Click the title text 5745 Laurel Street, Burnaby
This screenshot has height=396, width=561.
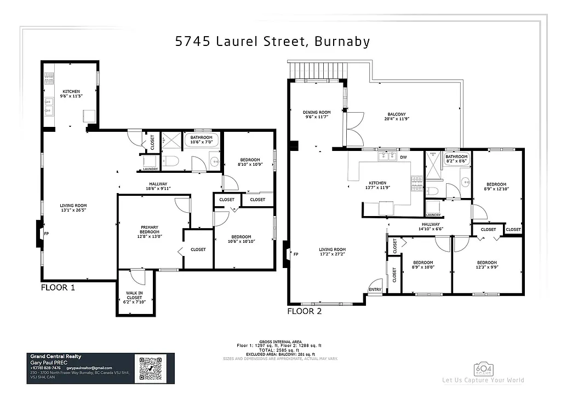pyautogui.click(x=272, y=42)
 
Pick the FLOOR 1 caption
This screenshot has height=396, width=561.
pyautogui.click(x=58, y=287)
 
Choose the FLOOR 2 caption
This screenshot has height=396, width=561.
pyautogui.click(x=304, y=311)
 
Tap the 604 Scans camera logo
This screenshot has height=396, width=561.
pyautogui.click(x=483, y=368)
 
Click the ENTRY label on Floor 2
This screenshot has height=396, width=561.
pyautogui.click(x=375, y=289)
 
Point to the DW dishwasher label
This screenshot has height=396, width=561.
pyautogui.click(x=403, y=157)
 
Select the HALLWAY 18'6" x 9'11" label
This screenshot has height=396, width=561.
pyautogui.click(x=158, y=186)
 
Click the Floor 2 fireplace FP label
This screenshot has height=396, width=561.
pyautogui.click(x=296, y=254)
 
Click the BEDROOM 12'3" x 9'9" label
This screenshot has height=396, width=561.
pyautogui.click(x=486, y=265)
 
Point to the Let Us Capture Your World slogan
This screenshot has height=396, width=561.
pyautogui.click(x=483, y=380)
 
